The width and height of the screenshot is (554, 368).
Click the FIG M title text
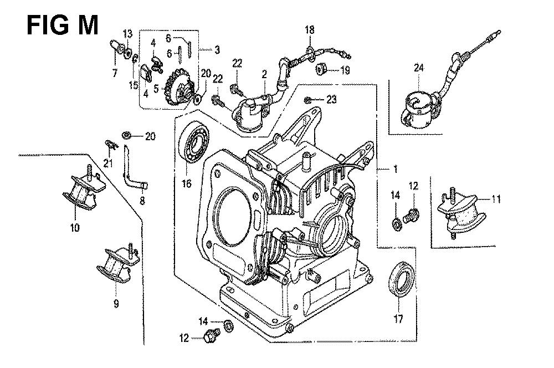(62, 25)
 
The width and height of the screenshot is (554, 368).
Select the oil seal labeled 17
(402, 279)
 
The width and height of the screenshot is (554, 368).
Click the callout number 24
(419, 68)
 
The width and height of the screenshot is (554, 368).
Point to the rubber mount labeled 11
(459, 213)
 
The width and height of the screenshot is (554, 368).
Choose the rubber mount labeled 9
(118, 264)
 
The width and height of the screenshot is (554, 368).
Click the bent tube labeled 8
(135, 168)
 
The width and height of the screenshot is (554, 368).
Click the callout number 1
(396, 170)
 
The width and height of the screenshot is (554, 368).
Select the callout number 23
(331, 100)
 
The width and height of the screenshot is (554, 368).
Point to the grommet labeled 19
(321, 68)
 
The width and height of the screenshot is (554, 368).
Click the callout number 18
(310, 30)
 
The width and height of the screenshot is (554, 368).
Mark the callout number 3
(217, 50)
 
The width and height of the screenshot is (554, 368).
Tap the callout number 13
(127, 34)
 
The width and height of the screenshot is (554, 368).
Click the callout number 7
(115, 73)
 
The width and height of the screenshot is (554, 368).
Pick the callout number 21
(108, 163)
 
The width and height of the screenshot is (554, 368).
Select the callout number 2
(264, 74)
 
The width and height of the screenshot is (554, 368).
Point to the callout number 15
(133, 85)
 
